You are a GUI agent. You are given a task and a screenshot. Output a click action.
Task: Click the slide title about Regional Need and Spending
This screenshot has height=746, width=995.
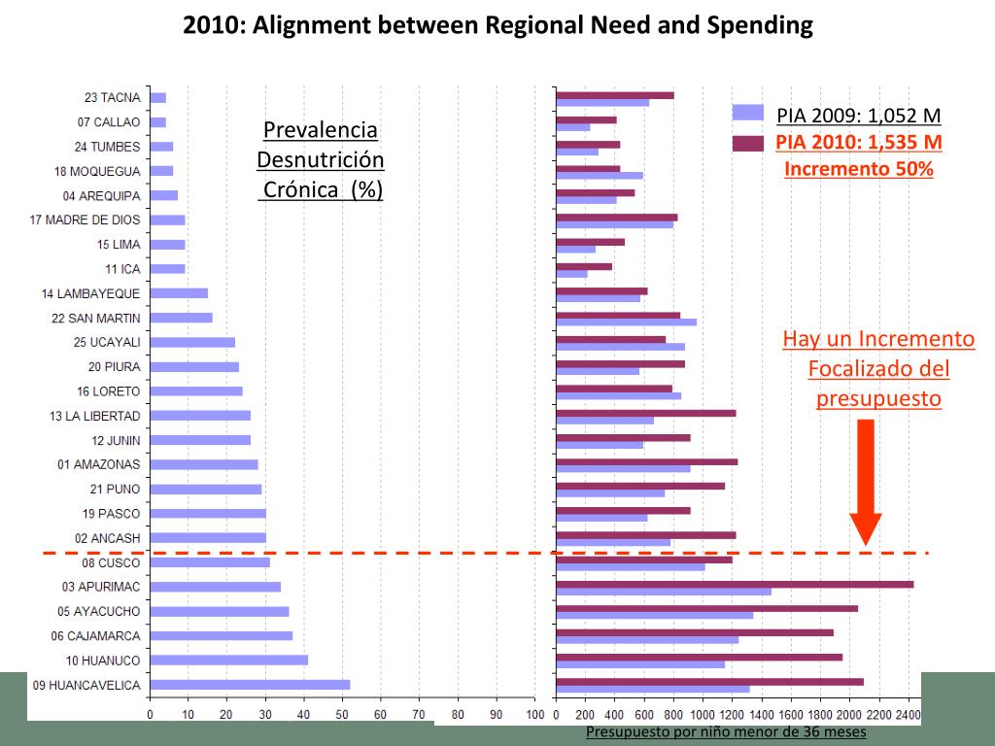(x=497, y=25)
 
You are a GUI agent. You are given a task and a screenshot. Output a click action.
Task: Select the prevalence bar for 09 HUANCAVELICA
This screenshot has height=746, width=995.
(x=250, y=685)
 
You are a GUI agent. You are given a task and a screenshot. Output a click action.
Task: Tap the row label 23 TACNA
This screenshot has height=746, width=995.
(x=113, y=98)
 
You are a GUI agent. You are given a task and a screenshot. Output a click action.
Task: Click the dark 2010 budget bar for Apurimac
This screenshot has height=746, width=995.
(x=735, y=584)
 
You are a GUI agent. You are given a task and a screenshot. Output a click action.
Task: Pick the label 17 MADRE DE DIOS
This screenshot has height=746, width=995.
(x=86, y=220)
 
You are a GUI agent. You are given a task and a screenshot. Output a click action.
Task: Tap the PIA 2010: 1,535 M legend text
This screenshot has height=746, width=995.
(x=859, y=143)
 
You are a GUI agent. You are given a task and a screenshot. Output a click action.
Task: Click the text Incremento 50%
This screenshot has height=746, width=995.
(x=859, y=168)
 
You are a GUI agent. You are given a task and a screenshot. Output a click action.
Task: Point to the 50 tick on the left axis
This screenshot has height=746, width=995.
(x=341, y=716)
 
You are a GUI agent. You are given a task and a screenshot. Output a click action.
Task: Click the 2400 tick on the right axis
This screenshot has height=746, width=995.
(x=909, y=716)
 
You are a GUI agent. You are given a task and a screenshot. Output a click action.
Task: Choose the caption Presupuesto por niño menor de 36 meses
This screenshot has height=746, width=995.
(x=726, y=732)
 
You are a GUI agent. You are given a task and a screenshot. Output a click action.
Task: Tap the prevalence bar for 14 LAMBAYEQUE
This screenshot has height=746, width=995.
(x=179, y=293)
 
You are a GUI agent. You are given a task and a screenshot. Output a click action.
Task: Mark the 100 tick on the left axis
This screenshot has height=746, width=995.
(x=534, y=716)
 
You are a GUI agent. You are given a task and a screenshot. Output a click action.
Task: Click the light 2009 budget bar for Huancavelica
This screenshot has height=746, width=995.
(x=652, y=690)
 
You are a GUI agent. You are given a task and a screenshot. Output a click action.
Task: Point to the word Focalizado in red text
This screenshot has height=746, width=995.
(x=878, y=369)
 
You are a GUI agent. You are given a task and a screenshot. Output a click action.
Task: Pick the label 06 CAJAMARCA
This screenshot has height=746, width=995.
(x=96, y=636)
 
